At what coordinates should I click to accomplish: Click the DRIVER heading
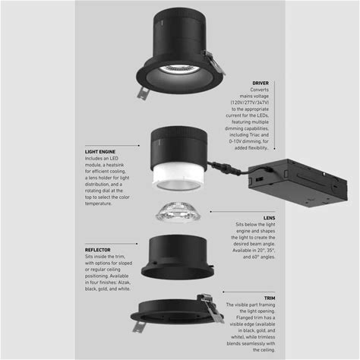pos(261,83)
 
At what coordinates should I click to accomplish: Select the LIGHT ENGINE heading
pos(100,152)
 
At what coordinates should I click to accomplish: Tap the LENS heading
pos(269,218)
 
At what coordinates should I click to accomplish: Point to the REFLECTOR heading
pos(98,250)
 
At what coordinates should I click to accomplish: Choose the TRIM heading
pos(270,298)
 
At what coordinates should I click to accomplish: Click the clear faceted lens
pos(178,212)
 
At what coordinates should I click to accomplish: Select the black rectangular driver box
pos(298,182)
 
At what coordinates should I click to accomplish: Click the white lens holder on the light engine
pos(178,177)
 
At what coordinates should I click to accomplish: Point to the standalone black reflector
pos(178,257)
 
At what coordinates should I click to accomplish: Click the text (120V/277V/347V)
pos(250,103)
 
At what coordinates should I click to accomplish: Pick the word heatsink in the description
pos(115,165)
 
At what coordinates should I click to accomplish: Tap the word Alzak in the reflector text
pos(124,283)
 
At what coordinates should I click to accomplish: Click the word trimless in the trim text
pos(266,337)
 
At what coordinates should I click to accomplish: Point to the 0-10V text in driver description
pos(235,141)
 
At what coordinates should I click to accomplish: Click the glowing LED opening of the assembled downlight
pos(179,70)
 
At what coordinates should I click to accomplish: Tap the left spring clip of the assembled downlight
pos(143,93)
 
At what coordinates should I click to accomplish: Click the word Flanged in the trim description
pos(245,317)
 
